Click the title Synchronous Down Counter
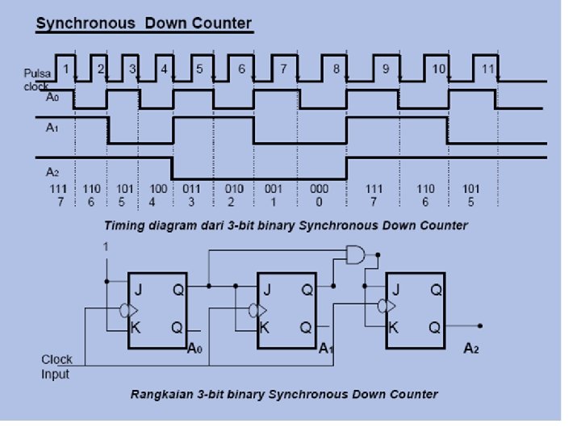[144, 23]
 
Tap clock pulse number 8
[336, 69]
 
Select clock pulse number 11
[487, 69]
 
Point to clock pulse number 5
[199, 69]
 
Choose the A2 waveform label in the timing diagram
[52, 171]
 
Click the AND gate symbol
[354, 255]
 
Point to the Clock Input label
[56, 367]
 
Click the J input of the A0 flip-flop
[138, 287]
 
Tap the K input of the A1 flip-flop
[265, 328]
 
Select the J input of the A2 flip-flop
[395, 287]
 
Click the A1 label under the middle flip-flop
[326, 348]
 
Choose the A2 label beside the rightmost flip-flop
[472, 348]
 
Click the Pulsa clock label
[37, 79]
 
